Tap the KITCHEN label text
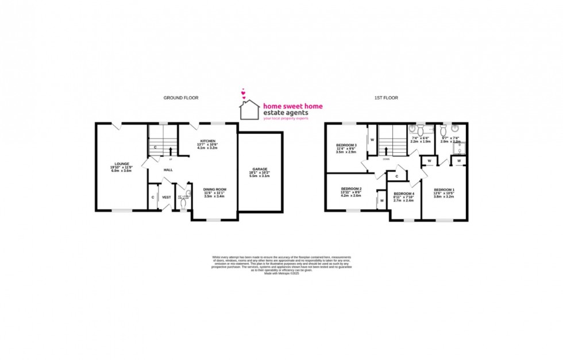tap(207, 141)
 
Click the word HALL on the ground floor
tap(168, 170)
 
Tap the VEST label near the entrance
tap(167, 197)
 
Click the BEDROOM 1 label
tap(444, 190)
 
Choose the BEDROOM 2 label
tap(351, 189)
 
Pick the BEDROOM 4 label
tap(403, 193)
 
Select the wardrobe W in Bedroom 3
tap(372, 140)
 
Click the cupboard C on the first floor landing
tap(396, 176)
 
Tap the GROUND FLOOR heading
tap(181, 98)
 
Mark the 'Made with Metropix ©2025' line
tap(281, 274)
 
